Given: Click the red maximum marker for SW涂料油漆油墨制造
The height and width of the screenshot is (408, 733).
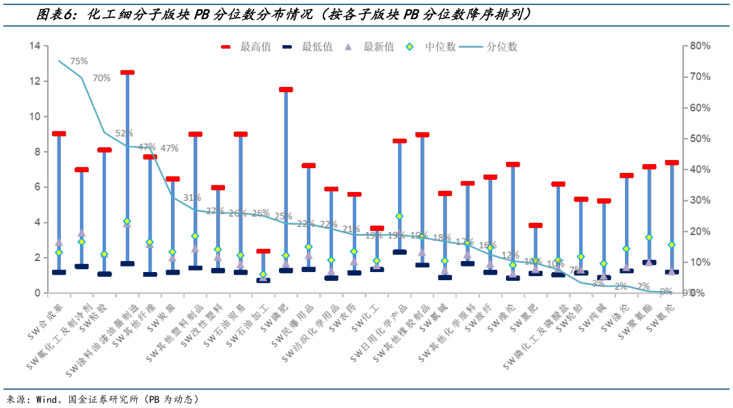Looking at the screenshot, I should tap(127, 72).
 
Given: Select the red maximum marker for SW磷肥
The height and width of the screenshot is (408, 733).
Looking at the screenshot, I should tap(286, 90).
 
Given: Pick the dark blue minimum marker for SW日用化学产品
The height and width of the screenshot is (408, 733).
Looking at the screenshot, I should tap(399, 252).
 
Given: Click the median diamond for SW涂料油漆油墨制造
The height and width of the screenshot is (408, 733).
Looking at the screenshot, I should tap(127, 221).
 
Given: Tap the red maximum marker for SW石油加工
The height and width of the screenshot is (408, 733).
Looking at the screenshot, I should tap(263, 251).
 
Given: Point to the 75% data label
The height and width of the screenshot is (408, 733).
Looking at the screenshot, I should tap(79, 61).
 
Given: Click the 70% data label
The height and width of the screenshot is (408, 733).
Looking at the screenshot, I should tap(101, 78).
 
